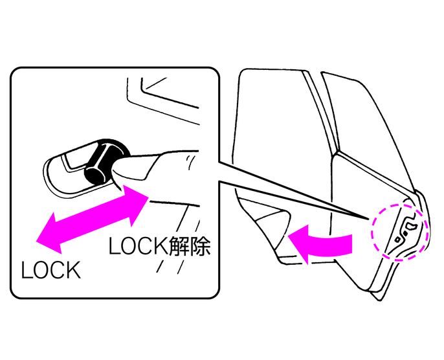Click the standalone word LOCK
[x=51, y=269]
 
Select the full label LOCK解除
[x=159, y=246]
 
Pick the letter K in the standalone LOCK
[x=74, y=269]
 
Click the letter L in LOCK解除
[x=113, y=246]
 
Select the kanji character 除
[x=200, y=246]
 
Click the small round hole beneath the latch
[x=397, y=240]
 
